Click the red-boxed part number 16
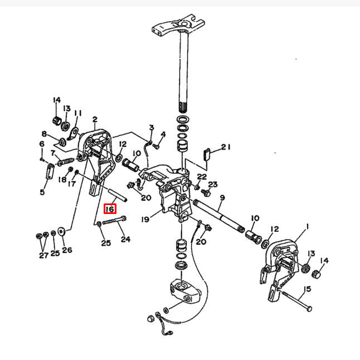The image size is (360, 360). (x=110, y=208)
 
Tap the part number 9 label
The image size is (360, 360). (x=222, y=197)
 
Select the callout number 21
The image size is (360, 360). (x=226, y=147)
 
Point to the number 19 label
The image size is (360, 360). (x=145, y=220)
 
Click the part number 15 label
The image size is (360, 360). (x=307, y=289)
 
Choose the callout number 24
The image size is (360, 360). (x=125, y=239)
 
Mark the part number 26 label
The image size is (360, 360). (x=67, y=250)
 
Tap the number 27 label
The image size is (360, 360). (x=43, y=255)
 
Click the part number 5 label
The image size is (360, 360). (x=42, y=192)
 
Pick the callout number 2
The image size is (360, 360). (x=95, y=119)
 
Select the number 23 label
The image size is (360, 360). (x=213, y=184)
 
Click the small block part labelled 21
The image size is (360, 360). (x=207, y=154)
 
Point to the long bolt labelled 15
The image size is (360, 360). (x=295, y=300)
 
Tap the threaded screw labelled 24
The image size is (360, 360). (x=114, y=221)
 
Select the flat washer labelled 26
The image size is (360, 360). (x=61, y=231)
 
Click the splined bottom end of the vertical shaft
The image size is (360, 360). (x=184, y=107)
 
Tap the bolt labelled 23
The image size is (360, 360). (x=206, y=192)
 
